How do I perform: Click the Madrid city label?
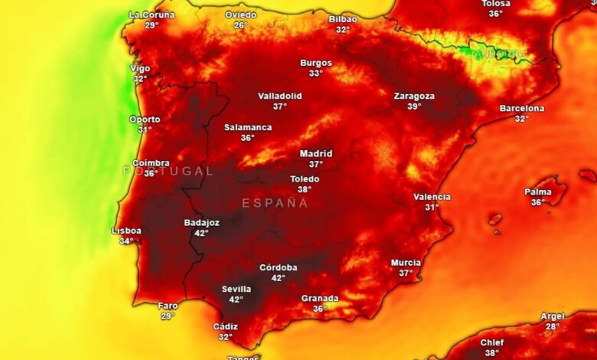[316, 153]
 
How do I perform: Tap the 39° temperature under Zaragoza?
[414, 106]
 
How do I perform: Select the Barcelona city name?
[522, 109]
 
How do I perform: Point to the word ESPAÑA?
[275, 203]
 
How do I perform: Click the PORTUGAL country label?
[168, 171]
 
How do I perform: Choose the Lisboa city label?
[126, 231]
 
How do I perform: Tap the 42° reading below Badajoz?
[201, 233]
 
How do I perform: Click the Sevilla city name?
[237, 289]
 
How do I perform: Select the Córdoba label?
[279, 267]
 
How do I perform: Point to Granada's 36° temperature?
[319, 309]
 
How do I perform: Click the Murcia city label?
[406, 263]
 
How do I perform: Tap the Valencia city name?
[432, 197]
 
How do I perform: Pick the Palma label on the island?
[538, 191]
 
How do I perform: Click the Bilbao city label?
[343, 19]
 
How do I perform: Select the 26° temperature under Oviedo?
[240, 25]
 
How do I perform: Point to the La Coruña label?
[152, 15]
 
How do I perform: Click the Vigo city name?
[140, 68]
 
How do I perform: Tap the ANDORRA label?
[500, 54]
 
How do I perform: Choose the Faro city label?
[168, 306]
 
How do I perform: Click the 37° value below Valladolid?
[279, 106]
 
